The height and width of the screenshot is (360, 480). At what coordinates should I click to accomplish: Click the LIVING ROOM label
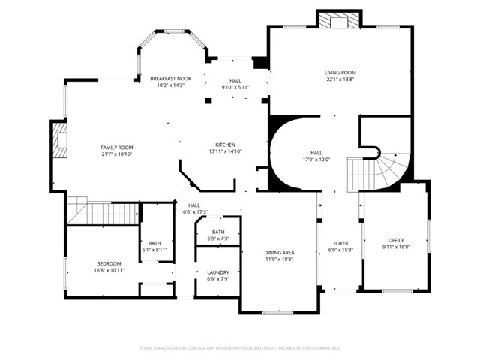click(x=340, y=72)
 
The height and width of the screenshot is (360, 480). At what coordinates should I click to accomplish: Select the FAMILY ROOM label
click(x=117, y=148)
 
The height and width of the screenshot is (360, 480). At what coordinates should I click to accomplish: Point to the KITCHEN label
click(x=226, y=145)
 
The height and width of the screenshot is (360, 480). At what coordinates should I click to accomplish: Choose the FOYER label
click(x=340, y=243)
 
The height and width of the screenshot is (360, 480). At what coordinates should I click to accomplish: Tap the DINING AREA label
click(x=279, y=253)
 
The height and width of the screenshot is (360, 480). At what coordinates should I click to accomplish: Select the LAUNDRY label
click(x=218, y=272)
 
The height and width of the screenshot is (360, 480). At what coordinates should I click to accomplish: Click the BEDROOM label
click(x=109, y=263)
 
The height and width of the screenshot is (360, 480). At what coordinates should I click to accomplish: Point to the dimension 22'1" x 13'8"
click(x=340, y=79)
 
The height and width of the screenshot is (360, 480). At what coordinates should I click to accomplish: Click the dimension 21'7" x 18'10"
click(x=117, y=154)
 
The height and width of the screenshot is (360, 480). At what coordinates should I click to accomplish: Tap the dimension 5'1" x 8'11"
click(x=154, y=250)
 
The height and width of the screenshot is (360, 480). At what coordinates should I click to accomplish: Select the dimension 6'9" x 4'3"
click(x=218, y=238)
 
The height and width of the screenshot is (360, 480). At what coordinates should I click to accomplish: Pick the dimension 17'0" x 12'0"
click(x=316, y=159)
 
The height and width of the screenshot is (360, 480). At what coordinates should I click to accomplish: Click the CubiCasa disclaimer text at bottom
click(x=240, y=348)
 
